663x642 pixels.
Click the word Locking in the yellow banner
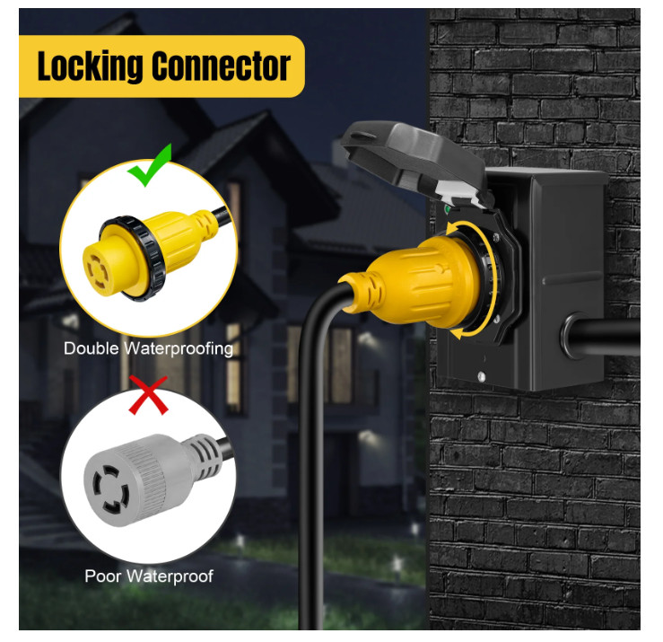point(90,66)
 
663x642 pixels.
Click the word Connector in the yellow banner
point(221,66)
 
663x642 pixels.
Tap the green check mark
point(150,165)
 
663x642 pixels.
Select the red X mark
point(148,394)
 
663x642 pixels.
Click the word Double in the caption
point(92,348)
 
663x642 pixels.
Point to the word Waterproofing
point(179,349)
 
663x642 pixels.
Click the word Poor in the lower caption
point(103,576)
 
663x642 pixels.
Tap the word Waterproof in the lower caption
point(170,576)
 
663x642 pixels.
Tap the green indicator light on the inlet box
point(447,208)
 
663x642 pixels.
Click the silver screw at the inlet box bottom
point(481,375)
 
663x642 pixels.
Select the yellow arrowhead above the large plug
point(451,229)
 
